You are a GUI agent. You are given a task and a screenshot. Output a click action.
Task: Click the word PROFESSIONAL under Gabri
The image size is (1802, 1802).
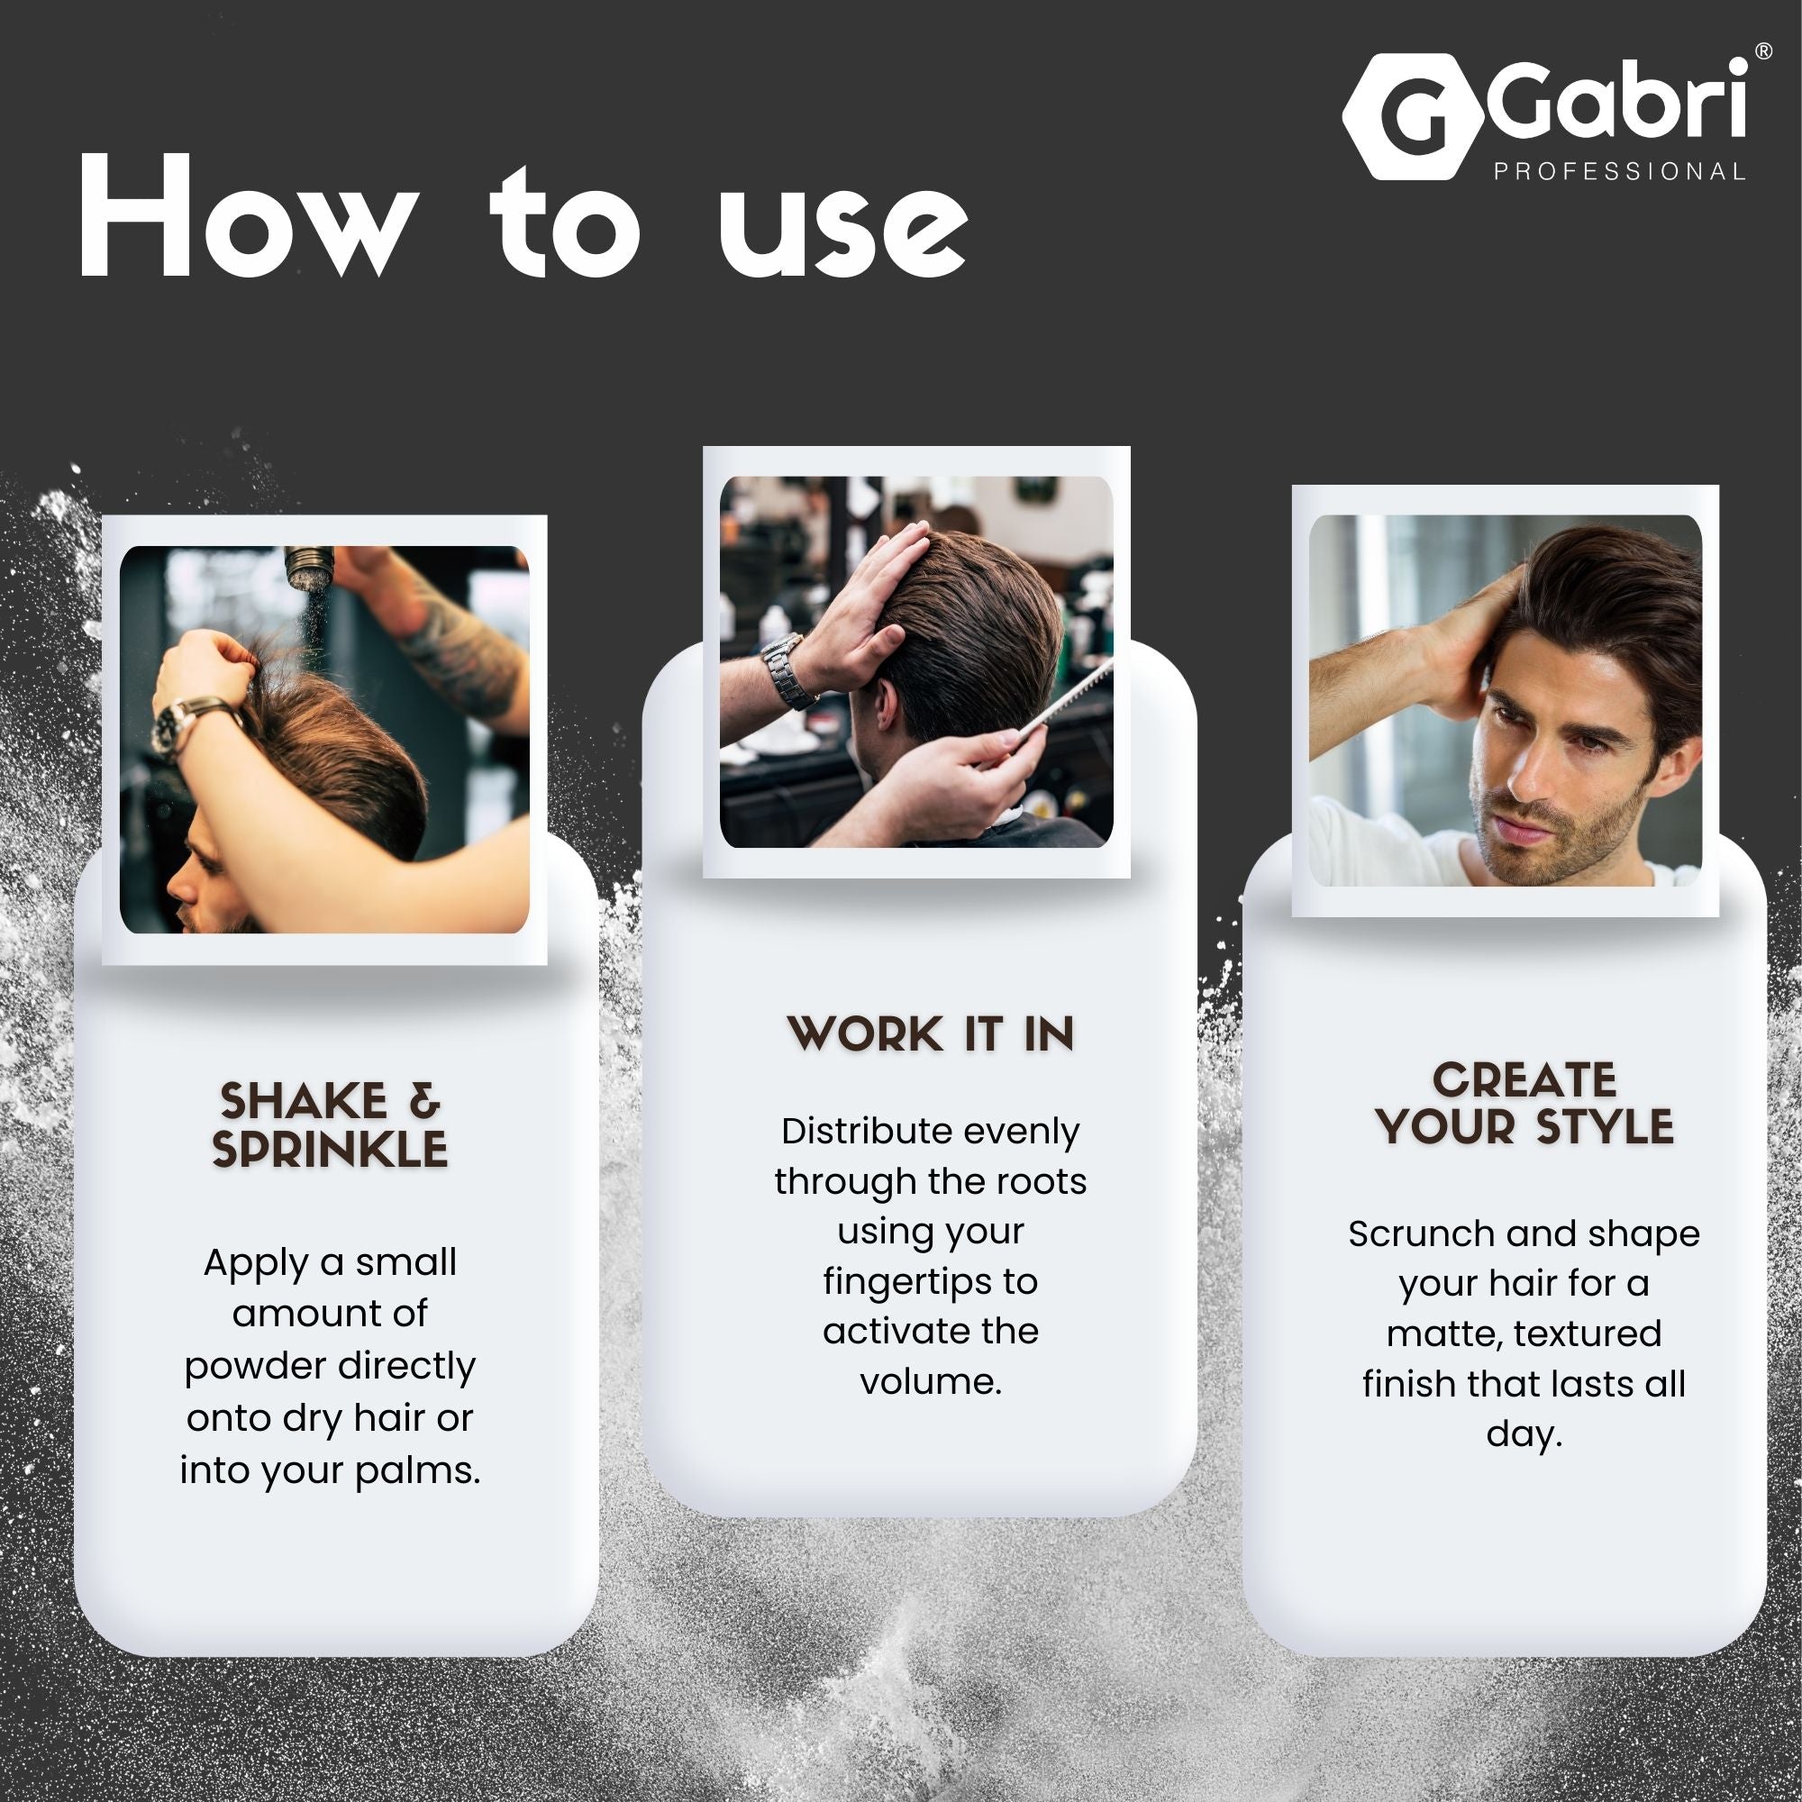(1619, 171)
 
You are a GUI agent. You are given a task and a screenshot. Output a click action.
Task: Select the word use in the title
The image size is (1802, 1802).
(843, 227)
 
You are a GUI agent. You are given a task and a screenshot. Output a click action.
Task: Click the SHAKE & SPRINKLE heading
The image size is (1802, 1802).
(329, 1124)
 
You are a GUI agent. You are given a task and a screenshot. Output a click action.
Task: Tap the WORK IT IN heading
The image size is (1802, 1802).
(931, 1034)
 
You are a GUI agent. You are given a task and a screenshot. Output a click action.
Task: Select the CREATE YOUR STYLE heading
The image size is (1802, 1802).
(1524, 1104)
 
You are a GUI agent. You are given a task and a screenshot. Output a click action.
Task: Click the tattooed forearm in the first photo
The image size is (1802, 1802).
(457, 643)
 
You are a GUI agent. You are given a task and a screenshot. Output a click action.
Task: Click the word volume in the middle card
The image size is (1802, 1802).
(930, 1381)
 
